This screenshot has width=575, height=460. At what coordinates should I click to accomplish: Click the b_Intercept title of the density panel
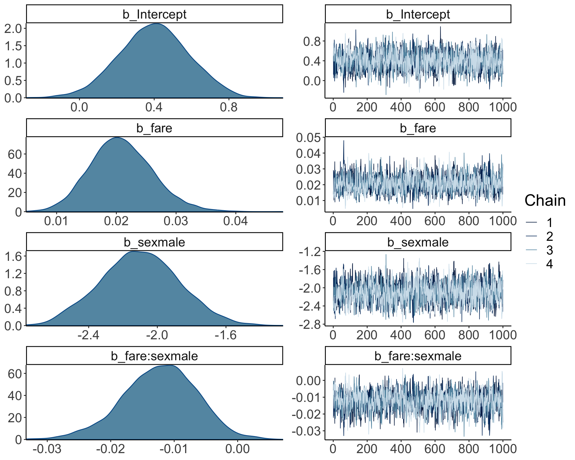pos(155,14)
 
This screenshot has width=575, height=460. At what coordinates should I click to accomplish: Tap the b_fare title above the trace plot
pos(418,128)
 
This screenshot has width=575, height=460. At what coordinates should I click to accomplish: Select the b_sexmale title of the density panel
pos(155,242)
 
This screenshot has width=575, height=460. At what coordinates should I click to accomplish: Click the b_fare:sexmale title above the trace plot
pos(418,356)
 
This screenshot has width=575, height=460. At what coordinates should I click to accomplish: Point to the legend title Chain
pos(545,200)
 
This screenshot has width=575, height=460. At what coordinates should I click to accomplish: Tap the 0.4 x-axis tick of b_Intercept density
pos(154,107)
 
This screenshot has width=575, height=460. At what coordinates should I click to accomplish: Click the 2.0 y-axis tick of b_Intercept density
pos(13,28)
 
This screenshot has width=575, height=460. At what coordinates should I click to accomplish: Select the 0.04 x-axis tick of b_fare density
pos(235,221)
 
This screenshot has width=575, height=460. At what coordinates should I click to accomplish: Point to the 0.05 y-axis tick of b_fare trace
pos(308,138)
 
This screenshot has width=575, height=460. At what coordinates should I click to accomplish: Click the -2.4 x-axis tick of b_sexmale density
pos(88,335)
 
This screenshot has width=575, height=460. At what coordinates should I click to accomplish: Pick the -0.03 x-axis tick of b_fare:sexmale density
pos(47,449)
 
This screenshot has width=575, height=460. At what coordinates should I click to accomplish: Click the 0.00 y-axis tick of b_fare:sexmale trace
pos(308,381)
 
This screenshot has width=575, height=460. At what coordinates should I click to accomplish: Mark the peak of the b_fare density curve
pos(117,138)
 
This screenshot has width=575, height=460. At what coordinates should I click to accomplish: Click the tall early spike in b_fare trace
pos(344,141)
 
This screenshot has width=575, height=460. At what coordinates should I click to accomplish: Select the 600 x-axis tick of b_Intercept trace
pos(435,107)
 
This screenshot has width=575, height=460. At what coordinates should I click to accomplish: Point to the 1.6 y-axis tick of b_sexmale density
pos(13,256)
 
